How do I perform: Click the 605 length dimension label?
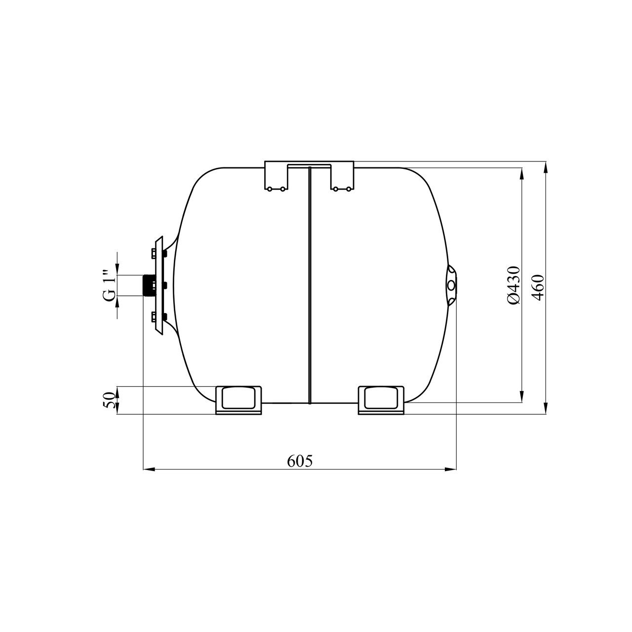point(300,462)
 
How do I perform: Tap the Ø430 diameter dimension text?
point(514,285)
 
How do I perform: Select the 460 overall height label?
point(538,288)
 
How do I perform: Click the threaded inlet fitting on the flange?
point(149,285)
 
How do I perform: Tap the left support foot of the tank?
point(238,400)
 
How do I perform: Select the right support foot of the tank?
point(381,400)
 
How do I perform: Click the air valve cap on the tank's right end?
point(451,285)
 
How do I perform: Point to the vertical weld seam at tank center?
point(309,285)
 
